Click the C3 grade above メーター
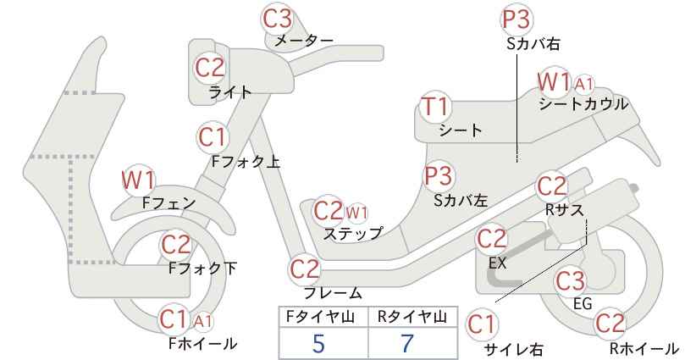(x=278, y=19)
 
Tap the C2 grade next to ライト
(x=210, y=68)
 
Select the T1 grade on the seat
(x=435, y=107)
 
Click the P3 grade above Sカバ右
(x=516, y=19)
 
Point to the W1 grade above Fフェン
(x=139, y=180)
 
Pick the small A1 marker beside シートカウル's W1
(x=583, y=84)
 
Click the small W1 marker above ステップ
(x=356, y=213)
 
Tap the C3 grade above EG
(x=571, y=281)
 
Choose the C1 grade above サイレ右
(x=481, y=324)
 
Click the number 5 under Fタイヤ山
(x=318, y=343)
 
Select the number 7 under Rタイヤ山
(x=407, y=343)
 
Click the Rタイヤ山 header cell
(x=412, y=318)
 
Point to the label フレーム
(x=333, y=292)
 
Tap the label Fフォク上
(x=246, y=162)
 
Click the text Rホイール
(x=644, y=348)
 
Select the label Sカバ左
(x=461, y=201)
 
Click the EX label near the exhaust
(x=497, y=263)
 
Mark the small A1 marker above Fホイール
(x=203, y=321)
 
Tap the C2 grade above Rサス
(x=552, y=186)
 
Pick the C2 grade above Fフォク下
(x=176, y=244)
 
